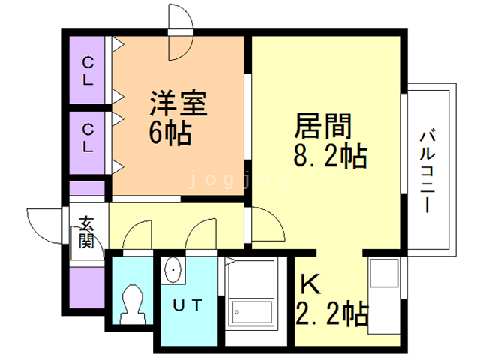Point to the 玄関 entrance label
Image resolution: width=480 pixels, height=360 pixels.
pos(86,232)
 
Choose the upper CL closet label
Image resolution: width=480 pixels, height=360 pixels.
pos(88,70)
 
